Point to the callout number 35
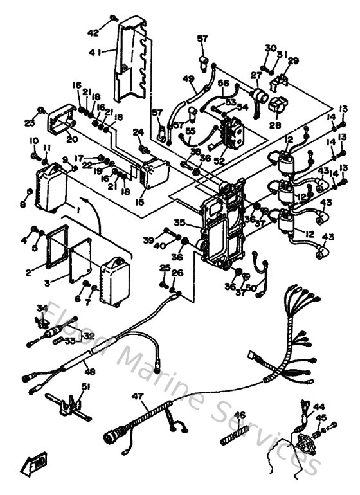180,223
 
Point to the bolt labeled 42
113,17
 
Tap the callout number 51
85,386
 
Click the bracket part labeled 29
280,80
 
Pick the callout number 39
148,239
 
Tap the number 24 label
136,132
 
